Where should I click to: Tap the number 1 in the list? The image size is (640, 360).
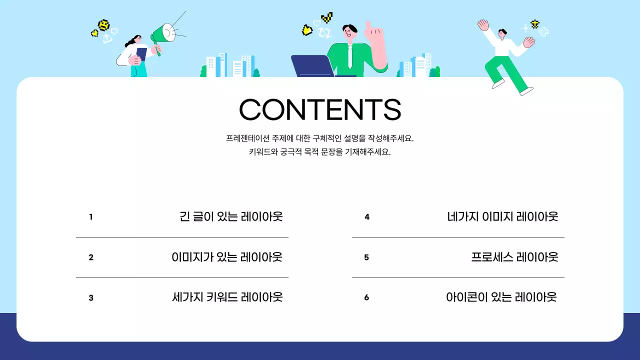coord(91,217)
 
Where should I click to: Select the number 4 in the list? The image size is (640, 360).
coord(367,217)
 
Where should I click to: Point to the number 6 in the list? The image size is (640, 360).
coord(366,297)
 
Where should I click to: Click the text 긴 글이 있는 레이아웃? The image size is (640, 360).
coord(231,216)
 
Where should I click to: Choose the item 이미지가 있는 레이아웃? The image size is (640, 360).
coord(227,257)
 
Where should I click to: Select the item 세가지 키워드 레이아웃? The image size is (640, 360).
coord(227,297)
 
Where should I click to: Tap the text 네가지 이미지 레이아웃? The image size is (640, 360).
coord(502,216)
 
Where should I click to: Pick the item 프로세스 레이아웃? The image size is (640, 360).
coord(514,257)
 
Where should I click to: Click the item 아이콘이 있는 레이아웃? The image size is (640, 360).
coord(501,297)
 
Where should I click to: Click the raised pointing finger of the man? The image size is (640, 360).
coord(368,25)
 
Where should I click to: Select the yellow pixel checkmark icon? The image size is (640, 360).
coord(327,18)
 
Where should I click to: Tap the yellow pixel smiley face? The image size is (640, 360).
coord(103,25)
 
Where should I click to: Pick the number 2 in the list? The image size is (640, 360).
coord(91,257)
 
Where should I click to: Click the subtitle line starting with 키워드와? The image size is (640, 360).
coord(320,152)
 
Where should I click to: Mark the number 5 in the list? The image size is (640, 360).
coord(366,257)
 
